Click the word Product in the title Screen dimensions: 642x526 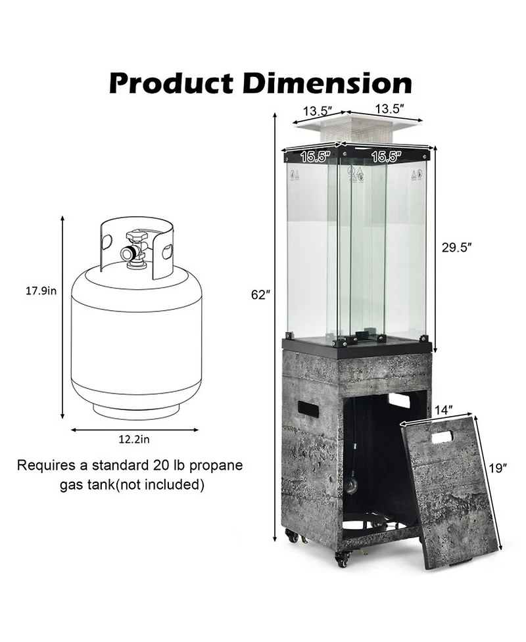click(170, 83)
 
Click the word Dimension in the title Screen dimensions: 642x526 click(323, 83)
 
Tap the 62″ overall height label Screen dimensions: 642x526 click(260, 294)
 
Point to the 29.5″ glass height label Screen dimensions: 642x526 click(456, 248)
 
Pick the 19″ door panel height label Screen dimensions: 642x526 click(498, 468)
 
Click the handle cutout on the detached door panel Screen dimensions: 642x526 click(442, 436)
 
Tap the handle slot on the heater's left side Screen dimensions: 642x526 click(308, 408)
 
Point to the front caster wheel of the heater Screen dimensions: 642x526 click(343, 559)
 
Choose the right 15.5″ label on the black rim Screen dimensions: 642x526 click(386, 156)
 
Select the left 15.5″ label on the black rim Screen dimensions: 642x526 click(315, 157)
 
